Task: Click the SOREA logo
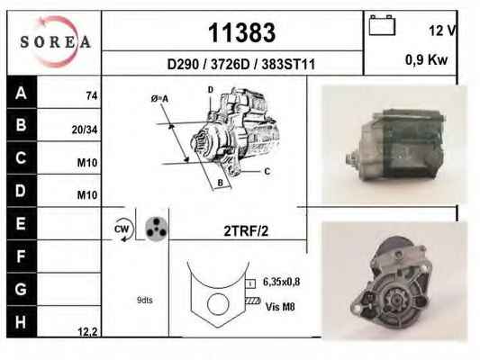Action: [55, 41]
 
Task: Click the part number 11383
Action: [241, 32]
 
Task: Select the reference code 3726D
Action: [231, 65]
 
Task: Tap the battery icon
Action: [382, 25]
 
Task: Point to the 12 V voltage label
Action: [442, 31]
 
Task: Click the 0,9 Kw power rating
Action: [426, 59]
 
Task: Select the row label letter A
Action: [21, 93]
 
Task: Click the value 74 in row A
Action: [92, 95]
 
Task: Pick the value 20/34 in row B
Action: [85, 130]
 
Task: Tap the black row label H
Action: [21, 322]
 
